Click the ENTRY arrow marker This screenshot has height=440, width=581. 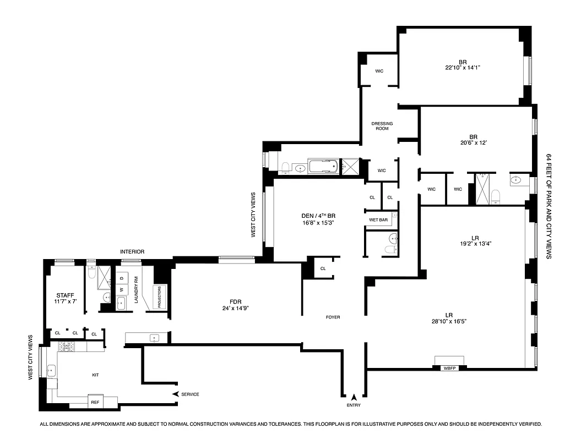tap(354, 397)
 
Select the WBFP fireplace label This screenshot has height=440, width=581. tap(449, 367)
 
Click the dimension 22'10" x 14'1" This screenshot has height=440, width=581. tap(464, 68)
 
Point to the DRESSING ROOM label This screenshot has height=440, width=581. tap(382, 125)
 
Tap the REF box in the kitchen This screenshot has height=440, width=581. tap(96, 402)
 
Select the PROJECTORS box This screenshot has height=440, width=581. tap(160, 298)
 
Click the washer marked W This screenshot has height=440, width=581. tap(122, 289)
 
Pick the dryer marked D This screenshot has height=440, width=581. tap(122, 278)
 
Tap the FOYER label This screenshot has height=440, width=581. tap(333, 317)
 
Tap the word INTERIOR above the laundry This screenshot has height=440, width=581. tap(132, 252)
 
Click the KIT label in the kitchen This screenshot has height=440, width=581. tap(95, 375)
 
